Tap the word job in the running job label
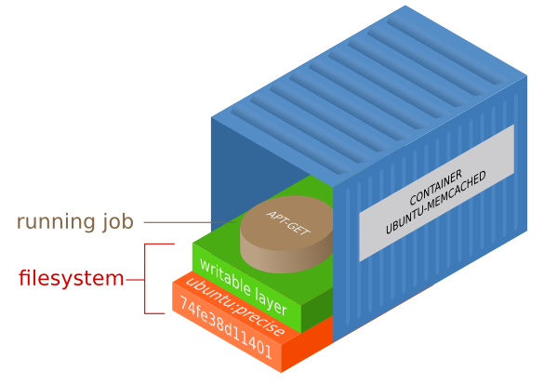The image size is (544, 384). (x=114, y=222)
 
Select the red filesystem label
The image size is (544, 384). (x=72, y=277)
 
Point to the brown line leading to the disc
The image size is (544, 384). (x=186, y=222)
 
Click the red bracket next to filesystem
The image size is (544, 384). (x=147, y=278)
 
